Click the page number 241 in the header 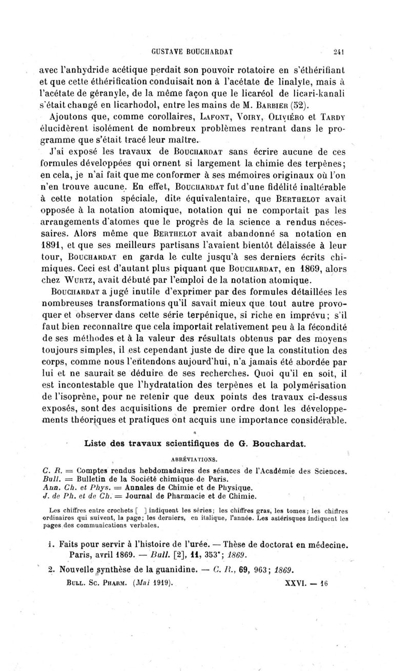click(336, 51)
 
